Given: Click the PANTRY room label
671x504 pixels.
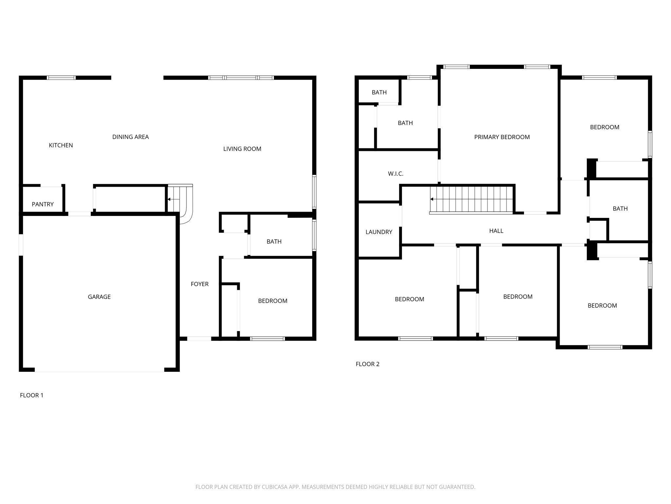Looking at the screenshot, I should (x=43, y=204).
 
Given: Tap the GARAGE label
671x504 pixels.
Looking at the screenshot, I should (x=99, y=297).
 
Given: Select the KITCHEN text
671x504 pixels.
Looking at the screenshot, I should (x=61, y=145).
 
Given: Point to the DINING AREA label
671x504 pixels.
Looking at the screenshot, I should (x=130, y=137).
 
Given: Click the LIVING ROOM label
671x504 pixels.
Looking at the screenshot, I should (x=242, y=149).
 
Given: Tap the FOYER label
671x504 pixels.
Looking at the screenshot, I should (x=200, y=284).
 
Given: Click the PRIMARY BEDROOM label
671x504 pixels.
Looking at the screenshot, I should (x=502, y=137).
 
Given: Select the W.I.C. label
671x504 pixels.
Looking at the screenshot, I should (x=395, y=174).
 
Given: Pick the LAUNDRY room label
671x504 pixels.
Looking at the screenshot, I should (x=379, y=232).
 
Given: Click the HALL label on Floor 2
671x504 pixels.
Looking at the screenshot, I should (x=496, y=231).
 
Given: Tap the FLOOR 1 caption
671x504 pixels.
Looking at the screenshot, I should (x=31, y=395).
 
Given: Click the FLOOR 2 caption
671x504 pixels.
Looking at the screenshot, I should (x=367, y=364).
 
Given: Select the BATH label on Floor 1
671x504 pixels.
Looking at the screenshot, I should (x=274, y=241).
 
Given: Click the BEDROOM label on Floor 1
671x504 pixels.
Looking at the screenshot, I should (x=273, y=301).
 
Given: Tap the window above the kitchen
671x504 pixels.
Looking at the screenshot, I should (x=61, y=78).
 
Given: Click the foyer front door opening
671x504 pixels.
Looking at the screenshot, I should (x=199, y=339).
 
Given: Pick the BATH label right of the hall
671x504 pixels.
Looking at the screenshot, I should (x=620, y=208).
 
